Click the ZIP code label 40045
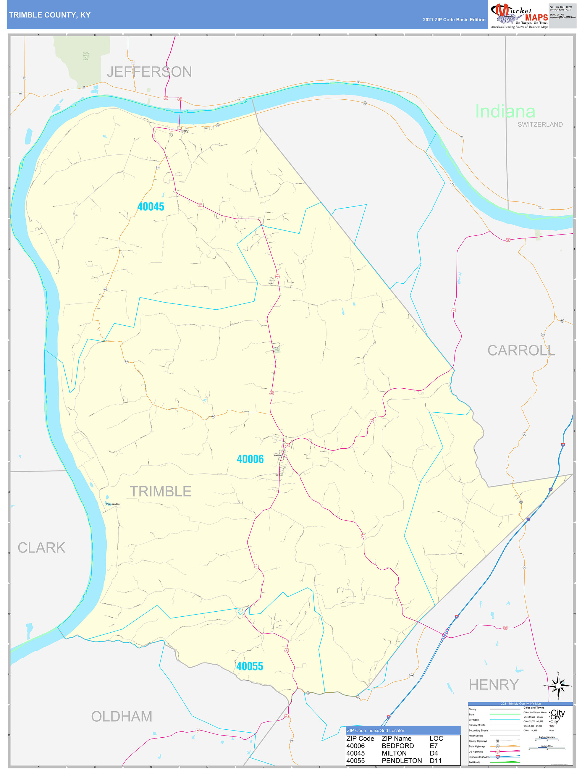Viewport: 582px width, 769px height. click(x=151, y=206)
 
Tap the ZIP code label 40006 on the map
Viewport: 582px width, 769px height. click(x=250, y=459)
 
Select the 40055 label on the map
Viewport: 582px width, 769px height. click(x=250, y=666)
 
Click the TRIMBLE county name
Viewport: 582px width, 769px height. click(x=160, y=491)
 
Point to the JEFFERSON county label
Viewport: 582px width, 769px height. click(x=149, y=72)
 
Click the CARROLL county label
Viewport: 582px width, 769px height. click(x=521, y=350)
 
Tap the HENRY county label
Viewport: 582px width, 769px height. click(x=493, y=685)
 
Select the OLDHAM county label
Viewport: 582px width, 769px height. click(x=122, y=717)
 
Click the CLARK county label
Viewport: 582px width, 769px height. click(x=41, y=547)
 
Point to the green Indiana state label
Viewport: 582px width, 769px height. click(x=505, y=111)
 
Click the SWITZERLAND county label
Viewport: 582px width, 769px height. click(x=540, y=125)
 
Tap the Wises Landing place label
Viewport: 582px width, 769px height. click(x=112, y=504)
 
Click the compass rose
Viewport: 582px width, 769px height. click(x=558, y=686)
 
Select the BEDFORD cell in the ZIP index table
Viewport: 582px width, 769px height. click(x=397, y=746)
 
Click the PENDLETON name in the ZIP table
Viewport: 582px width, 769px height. click(x=402, y=761)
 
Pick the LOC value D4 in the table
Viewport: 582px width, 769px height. click(x=434, y=753)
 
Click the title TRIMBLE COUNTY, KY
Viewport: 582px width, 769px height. click(x=50, y=15)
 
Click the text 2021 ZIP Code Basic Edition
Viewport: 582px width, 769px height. click(x=454, y=20)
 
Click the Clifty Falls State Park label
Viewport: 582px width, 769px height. click(x=85, y=56)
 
